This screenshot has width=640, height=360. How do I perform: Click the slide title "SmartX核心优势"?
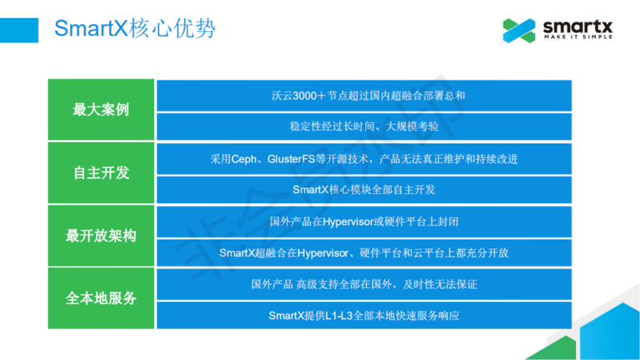(x=135, y=28)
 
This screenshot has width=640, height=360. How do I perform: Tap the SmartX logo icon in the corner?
(x=519, y=30)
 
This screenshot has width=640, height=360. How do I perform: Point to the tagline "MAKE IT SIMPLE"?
(x=578, y=36)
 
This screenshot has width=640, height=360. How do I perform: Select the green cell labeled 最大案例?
(x=100, y=110)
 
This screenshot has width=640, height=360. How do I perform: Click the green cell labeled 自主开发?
(x=100, y=173)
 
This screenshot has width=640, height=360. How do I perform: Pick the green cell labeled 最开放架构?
(x=100, y=236)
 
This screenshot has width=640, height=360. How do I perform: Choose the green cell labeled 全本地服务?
(x=100, y=298)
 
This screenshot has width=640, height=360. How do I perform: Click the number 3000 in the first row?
(x=304, y=96)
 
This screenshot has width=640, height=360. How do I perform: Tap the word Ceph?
(x=244, y=159)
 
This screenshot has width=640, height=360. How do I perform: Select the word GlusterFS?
(x=291, y=159)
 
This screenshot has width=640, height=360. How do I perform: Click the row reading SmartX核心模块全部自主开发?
(x=364, y=190)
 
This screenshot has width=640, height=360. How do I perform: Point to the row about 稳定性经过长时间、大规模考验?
(x=364, y=126)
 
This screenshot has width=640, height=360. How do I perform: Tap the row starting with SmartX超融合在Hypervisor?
(x=364, y=253)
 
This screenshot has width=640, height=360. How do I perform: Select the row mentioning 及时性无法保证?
(x=364, y=284)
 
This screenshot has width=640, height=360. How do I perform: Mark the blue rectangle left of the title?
(x=19, y=30)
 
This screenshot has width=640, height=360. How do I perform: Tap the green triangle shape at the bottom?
(x=553, y=349)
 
